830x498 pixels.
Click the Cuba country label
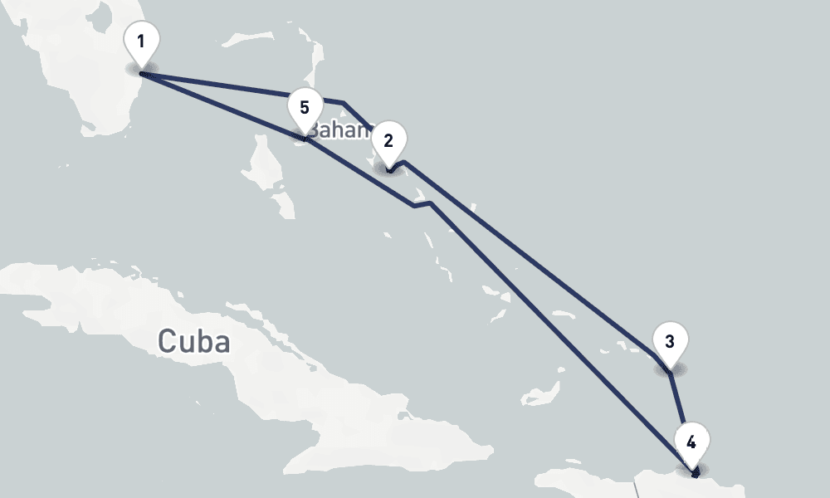pyautogui.click(x=193, y=341)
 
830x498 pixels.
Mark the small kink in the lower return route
pyautogui.click(x=422, y=204)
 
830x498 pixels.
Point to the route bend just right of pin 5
pyautogui.click(x=343, y=102)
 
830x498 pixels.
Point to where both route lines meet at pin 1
pyautogui.click(x=143, y=74)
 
